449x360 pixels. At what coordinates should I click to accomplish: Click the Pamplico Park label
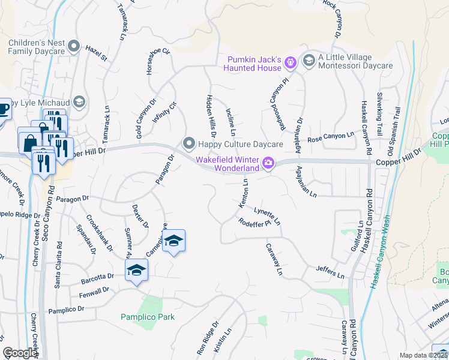tap(147, 317)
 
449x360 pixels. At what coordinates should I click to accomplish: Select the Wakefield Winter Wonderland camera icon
tap(268, 163)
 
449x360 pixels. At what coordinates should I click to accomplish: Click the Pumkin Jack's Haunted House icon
tap(291, 61)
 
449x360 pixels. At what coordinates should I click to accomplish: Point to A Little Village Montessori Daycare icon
tap(309, 60)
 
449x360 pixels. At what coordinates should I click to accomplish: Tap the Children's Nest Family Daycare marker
tap(74, 46)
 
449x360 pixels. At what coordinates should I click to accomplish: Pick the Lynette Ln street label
tap(267, 216)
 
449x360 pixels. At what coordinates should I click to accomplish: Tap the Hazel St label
tap(95, 53)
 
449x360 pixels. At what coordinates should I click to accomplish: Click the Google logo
tap(19, 353)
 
